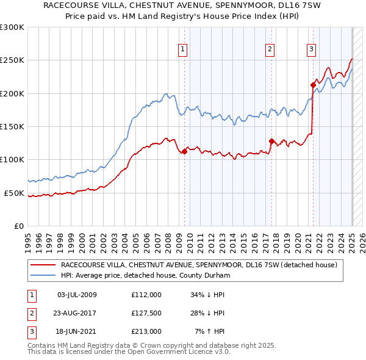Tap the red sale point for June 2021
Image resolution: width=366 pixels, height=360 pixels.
312,85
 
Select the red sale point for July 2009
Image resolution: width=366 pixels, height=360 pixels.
184,152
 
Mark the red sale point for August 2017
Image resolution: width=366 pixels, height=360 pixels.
271,141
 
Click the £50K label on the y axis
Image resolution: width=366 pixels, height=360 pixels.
14,193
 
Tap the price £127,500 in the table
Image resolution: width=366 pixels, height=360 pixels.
146,313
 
